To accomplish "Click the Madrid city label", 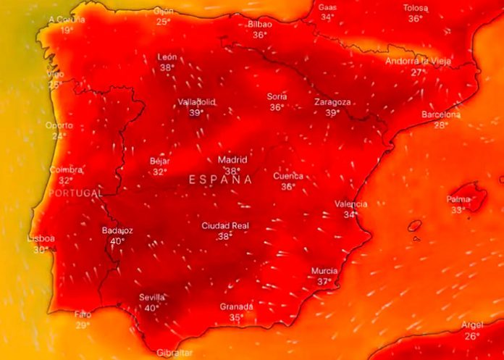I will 232,160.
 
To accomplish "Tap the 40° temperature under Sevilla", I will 151,308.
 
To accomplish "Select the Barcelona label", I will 441,114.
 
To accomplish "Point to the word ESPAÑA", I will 221,180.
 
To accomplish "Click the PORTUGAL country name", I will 75,193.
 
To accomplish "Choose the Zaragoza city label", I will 332,102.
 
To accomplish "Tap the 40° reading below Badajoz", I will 117,241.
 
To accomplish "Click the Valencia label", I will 350,204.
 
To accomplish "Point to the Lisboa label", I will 41,238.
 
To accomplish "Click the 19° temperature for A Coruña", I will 67,30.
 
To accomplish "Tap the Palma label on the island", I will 458,199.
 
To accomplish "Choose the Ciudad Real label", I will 225,226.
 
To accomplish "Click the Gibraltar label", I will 175,353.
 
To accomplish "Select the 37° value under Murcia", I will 324,282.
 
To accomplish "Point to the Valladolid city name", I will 196,102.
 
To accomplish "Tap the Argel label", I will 471,325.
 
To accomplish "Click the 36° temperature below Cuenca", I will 288,186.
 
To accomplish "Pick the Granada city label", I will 236,306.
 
